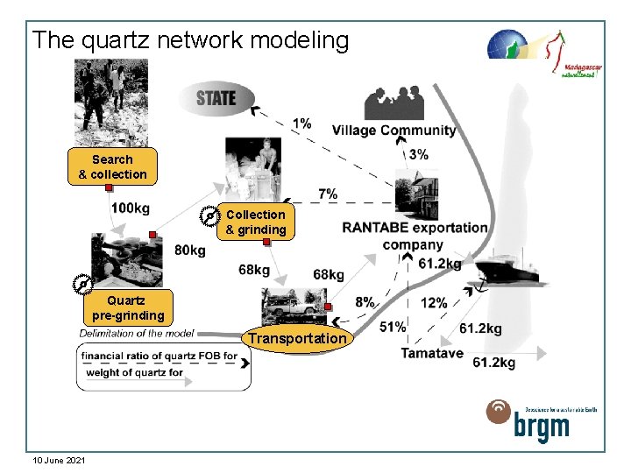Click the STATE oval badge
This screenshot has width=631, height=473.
pos(216,97)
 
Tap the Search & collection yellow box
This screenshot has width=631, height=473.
pos(112,166)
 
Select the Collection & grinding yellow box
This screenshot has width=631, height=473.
pos(255,222)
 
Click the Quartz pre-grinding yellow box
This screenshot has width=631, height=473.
pos(128,307)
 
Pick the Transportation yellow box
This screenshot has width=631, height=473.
pos(296,338)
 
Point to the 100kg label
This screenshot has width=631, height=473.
pos(130,208)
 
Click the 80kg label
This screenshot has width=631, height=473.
pos(190,250)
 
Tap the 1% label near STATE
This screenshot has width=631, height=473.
pos(301,123)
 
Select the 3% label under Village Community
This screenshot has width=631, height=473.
pos(419,154)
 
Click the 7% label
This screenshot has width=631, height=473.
pos(328,194)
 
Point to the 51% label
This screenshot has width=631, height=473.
pos(393,326)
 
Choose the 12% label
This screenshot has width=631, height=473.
pos(434,302)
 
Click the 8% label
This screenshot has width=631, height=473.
pos(365,301)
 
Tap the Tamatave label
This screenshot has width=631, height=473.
pos(432,353)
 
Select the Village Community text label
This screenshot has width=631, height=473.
pos(394,131)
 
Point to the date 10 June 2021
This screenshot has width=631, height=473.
pos(58,460)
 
